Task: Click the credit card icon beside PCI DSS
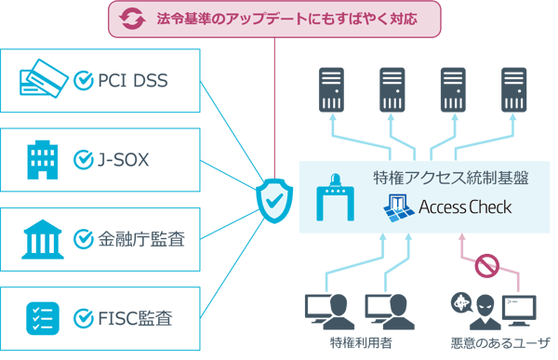42,79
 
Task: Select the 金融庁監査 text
140,239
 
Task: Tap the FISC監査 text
135,319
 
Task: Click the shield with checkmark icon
273,197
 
